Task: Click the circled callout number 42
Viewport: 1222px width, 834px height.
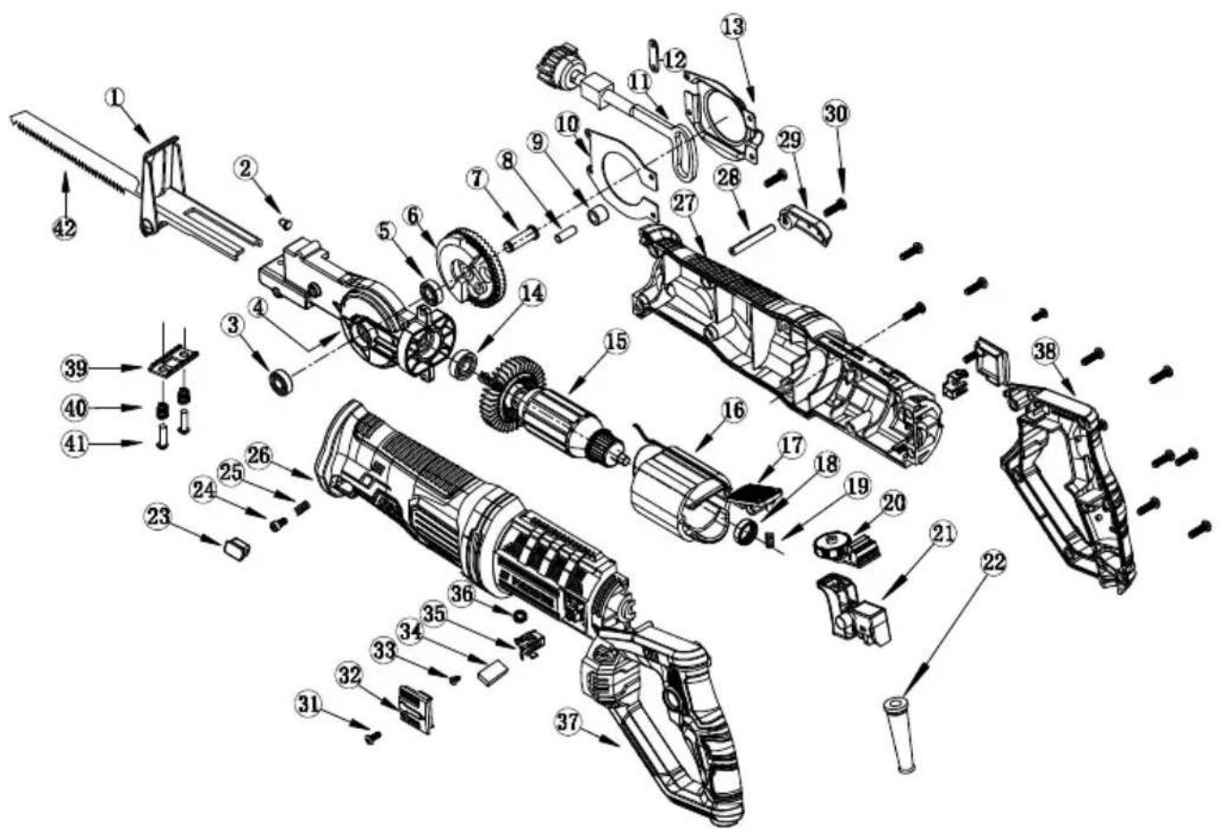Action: (x=64, y=228)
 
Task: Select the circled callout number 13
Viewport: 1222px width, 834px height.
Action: (x=733, y=25)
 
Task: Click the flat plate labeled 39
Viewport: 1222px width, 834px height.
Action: (x=173, y=361)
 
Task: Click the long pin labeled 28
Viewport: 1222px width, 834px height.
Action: (x=752, y=239)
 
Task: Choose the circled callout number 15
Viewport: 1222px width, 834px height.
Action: (x=615, y=343)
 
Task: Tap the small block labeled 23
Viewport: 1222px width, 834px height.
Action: (x=236, y=546)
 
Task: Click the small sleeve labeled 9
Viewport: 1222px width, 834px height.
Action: (x=598, y=214)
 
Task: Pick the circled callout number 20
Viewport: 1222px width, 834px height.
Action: (x=892, y=503)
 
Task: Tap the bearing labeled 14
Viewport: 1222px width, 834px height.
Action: (x=464, y=365)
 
